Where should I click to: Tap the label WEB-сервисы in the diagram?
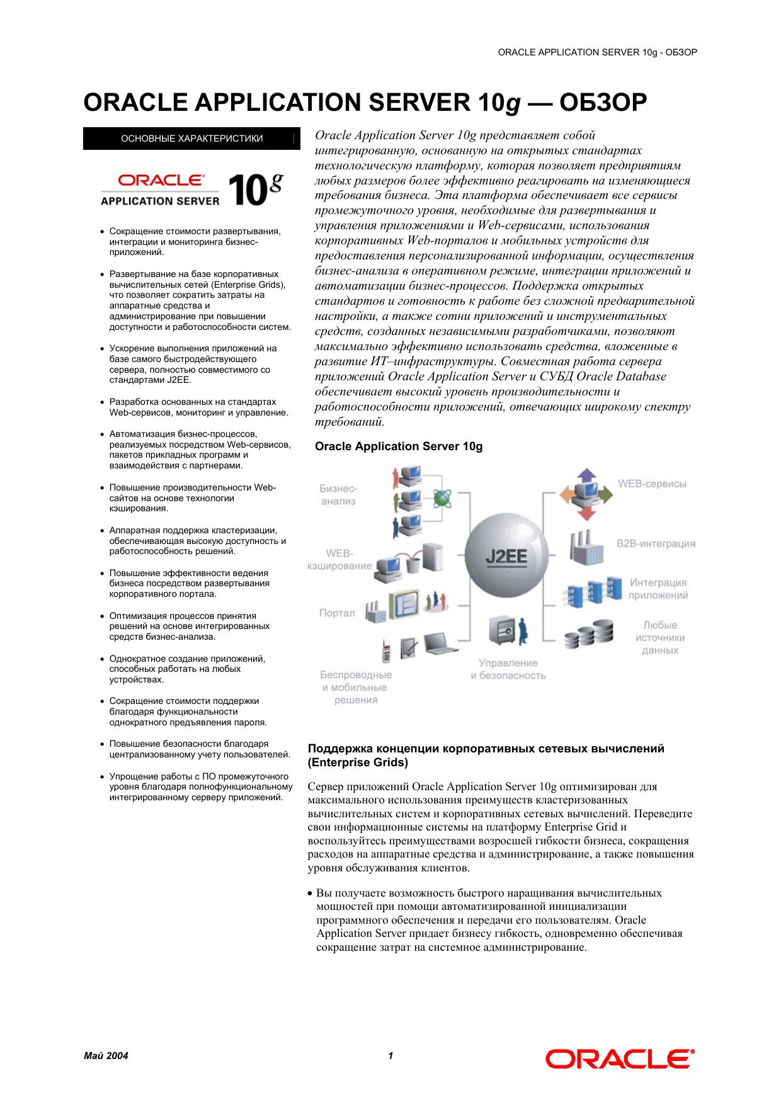coord(652,484)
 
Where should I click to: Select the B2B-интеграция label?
coord(656,543)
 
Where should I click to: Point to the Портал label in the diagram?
coord(337,613)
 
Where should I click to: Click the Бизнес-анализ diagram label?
coord(338,495)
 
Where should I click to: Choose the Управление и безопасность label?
coord(508,669)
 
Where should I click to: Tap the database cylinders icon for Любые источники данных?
coord(588,634)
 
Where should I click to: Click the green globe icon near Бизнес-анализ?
coord(442,499)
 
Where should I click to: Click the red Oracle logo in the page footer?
coord(620,1059)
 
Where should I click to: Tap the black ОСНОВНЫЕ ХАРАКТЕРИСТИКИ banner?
coord(191,139)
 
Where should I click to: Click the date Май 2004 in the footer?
coord(106,1056)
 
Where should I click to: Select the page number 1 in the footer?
coord(390,1056)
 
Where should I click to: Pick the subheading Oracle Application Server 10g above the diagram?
coord(399,446)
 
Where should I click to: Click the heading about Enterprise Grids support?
coord(486,756)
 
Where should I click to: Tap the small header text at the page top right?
coord(597,52)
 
